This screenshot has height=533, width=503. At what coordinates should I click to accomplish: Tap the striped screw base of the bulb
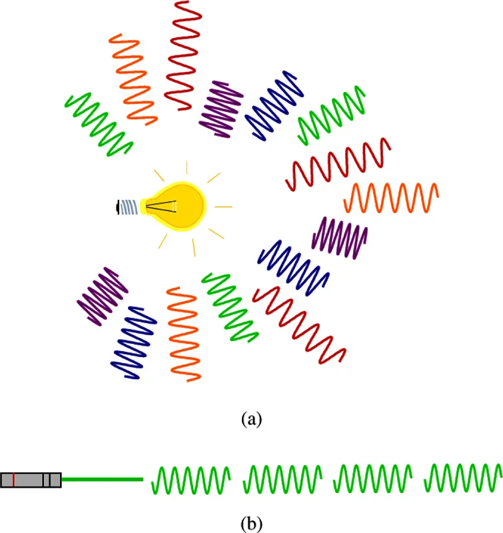[132, 207]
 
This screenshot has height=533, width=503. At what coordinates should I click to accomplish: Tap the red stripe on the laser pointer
[13, 480]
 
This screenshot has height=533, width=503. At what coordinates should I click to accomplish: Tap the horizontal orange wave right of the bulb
[392, 198]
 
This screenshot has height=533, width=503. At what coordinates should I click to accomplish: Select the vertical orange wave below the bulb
[184, 333]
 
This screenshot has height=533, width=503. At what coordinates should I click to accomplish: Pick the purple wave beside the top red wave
[222, 109]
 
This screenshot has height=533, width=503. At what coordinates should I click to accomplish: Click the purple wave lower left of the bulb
[102, 296]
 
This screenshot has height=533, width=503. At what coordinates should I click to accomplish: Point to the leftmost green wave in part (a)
[99, 124]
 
